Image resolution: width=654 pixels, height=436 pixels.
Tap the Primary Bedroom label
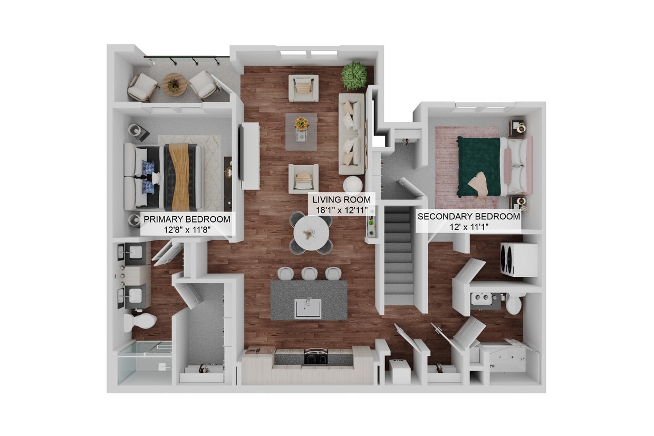tap(187, 224)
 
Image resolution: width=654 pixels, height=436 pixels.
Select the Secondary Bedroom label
tap(468, 221)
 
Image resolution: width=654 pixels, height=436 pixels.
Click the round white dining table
tap(312, 231)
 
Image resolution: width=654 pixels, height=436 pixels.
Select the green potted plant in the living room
tap(354, 75)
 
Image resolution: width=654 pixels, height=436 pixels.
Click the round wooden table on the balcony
tap(174, 84)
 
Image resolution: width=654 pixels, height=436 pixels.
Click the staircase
tap(399, 253)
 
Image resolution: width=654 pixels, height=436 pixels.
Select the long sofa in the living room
tap(351, 134)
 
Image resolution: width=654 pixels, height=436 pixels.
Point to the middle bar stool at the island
tap(310, 273)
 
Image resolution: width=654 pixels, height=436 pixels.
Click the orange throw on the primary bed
tap(178, 176)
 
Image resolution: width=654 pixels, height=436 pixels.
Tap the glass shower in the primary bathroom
tap(143, 363)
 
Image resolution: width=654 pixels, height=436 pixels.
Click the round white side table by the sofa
tap(352, 184)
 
